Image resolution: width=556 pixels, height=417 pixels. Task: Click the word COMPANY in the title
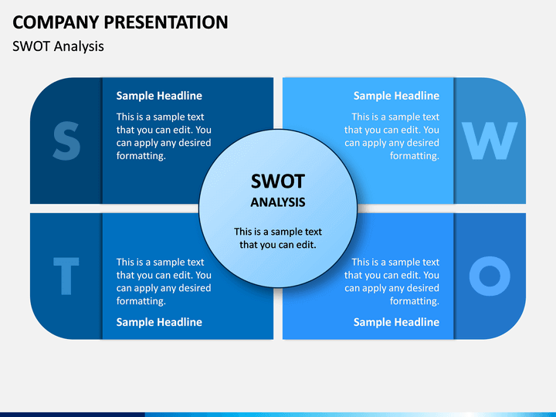pos(56,22)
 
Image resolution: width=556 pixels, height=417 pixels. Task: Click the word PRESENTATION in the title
pos(166,22)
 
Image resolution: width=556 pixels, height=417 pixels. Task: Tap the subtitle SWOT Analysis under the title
pos(58,46)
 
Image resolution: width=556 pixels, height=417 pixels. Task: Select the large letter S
pos(66,141)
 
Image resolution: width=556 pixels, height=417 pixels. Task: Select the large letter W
pos(490,141)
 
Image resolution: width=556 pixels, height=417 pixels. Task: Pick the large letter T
pos(66,276)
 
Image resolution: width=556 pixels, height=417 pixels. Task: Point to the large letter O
pos(490,276)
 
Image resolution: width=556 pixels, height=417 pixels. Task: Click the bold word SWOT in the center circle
pos(278,181)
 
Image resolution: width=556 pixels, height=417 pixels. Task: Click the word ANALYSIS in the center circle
pos(278,202)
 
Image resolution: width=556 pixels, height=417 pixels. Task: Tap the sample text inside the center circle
pos(278,238)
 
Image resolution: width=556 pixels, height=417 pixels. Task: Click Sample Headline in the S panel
pos(159,96)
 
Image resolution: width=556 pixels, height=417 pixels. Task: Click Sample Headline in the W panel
pos(396,96)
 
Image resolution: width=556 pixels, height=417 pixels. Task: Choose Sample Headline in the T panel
pos(159,322)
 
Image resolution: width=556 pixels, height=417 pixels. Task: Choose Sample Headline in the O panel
pos(396,322)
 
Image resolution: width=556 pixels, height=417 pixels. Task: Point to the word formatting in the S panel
pos(141,156)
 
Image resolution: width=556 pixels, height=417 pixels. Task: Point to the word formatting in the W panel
pos(415,156)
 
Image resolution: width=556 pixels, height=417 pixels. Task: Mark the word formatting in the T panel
pos(141,301)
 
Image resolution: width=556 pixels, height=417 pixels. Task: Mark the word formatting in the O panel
pos(415,301)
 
